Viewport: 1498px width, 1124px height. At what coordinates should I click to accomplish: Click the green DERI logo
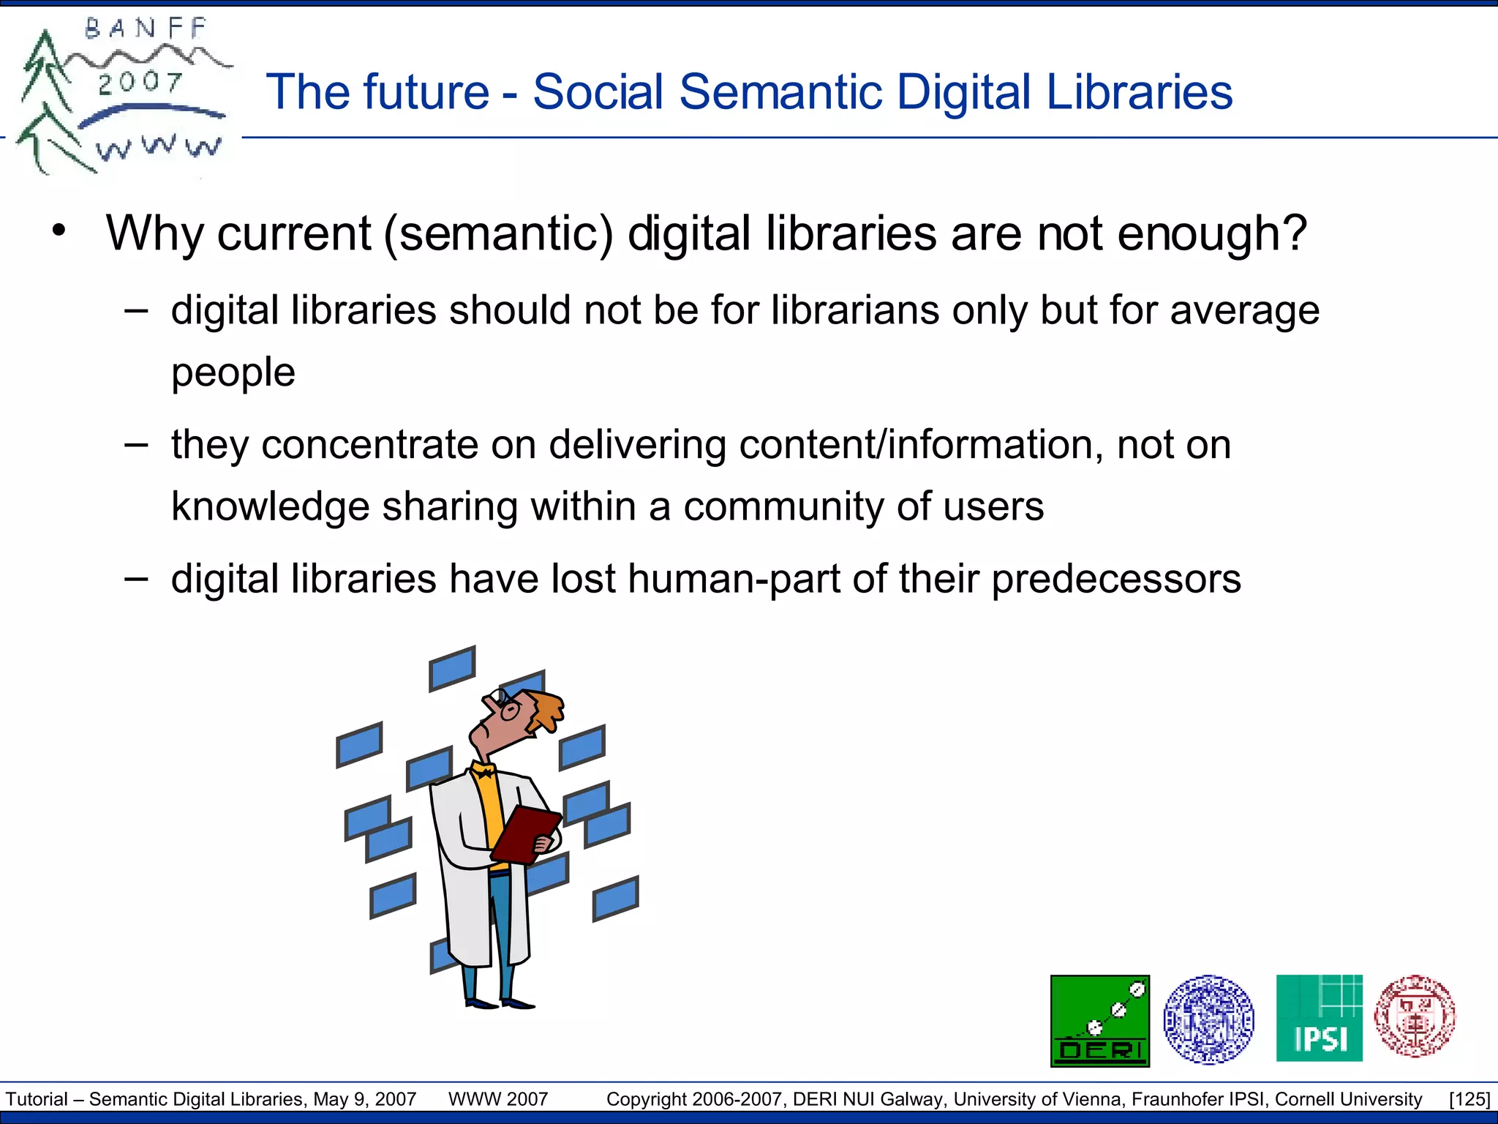coord(1099,1021)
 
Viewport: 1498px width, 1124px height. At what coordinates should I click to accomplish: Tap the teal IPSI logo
coord(1319,1018)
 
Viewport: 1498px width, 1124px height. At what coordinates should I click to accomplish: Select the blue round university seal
coord(1208,1019)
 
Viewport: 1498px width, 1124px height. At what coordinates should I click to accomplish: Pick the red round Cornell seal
coord(1415,1016)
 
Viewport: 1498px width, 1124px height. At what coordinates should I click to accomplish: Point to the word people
coord(233,372)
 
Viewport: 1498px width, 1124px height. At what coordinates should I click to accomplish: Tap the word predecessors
coord(1116,579)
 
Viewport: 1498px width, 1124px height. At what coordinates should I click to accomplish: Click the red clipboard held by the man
coord(525,834)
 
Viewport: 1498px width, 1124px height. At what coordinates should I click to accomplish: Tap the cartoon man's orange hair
coord(547,708)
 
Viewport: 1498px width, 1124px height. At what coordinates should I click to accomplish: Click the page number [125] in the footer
coord(1469,1099)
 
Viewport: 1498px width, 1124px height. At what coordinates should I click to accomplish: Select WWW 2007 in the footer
coord(497,1099)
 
